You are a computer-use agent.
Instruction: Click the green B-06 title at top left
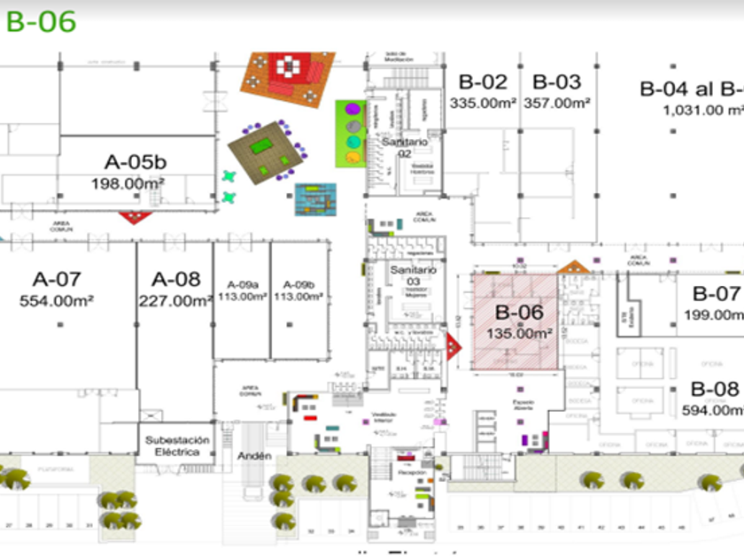(x=41, y=21)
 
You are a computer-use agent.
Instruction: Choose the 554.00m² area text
(x=57, y=301)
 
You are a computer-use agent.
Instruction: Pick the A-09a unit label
(x=242, y=283)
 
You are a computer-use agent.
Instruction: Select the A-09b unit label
(x=299, y=283)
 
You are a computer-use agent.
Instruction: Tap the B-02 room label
(x=483, y=82)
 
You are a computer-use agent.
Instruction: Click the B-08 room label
(x=714, y=388)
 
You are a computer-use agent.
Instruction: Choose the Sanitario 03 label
(x=413, y=275)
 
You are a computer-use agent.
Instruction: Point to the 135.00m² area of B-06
(x=519, y=334)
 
